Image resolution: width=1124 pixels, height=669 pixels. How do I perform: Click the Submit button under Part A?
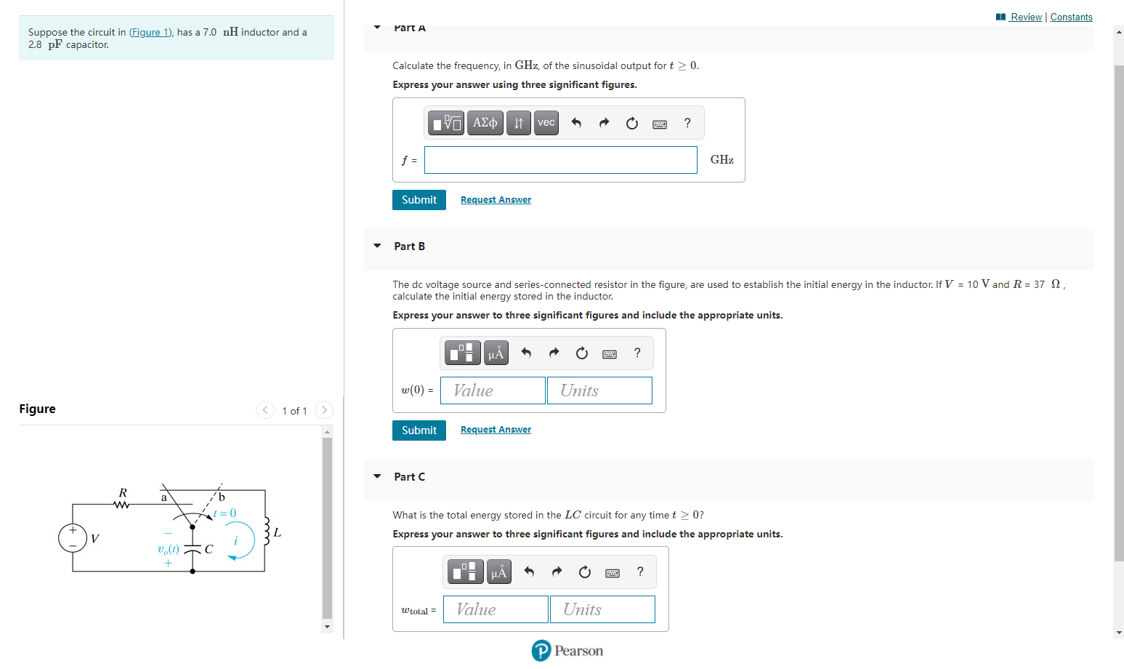click(x=419, y=200)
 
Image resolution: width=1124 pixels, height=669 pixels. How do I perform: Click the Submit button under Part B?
click(x=419, y=430)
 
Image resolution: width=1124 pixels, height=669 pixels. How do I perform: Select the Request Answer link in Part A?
click(x=496, y=200)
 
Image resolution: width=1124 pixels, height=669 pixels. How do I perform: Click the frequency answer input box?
click(x=560, y=160)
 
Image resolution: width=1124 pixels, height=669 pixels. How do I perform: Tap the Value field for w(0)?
click(x=493, y=390)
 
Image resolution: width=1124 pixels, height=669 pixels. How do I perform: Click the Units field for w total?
click(x=602, y=609)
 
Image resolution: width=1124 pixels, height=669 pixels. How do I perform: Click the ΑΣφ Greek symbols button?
click(x=485, y=123)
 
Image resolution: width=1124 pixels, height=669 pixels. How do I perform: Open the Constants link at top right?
click(x=1071, y=17)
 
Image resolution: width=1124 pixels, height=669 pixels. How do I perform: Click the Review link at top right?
click(x=1025, y=17)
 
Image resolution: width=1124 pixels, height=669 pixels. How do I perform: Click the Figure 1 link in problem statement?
click(x=150, y=33)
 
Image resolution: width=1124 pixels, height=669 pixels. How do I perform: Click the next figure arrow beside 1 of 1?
click(x=324, y=410)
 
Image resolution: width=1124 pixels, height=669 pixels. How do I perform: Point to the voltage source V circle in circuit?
click(x=73, y=538)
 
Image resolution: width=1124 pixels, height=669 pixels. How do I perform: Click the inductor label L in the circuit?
click(x=277, y=533)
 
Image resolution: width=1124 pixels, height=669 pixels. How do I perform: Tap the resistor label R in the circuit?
click(x=123, y=493)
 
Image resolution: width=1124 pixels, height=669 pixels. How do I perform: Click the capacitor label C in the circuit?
click(x=209, y=549)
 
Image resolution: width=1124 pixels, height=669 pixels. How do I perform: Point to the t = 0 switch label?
click(x=225, y=513)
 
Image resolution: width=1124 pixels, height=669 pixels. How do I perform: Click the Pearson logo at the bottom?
click(x=567, y=651)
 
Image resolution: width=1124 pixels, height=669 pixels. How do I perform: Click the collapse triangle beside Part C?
click(x=377, y=476)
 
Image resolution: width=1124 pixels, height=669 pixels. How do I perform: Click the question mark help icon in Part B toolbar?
click(x=637, y=353)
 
